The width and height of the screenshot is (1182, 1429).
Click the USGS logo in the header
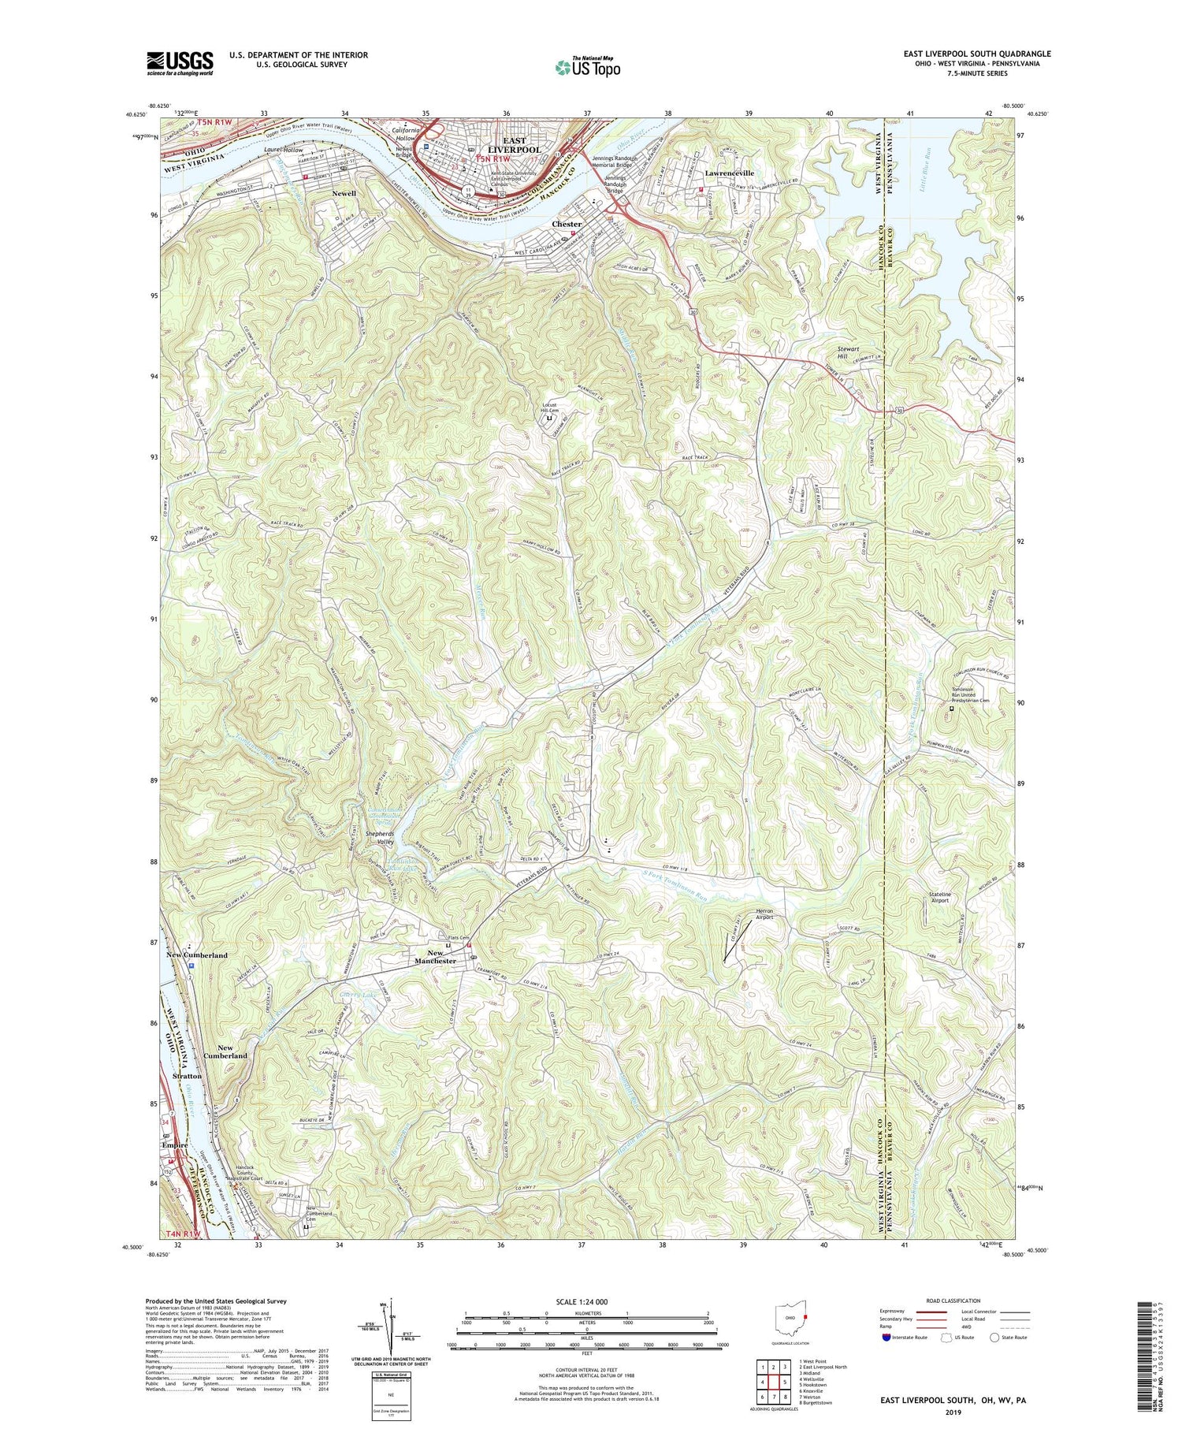click(x=180, y=63)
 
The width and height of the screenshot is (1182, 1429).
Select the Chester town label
click(x=566, y=224)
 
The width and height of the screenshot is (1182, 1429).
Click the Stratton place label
click(x=187, y=1075)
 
